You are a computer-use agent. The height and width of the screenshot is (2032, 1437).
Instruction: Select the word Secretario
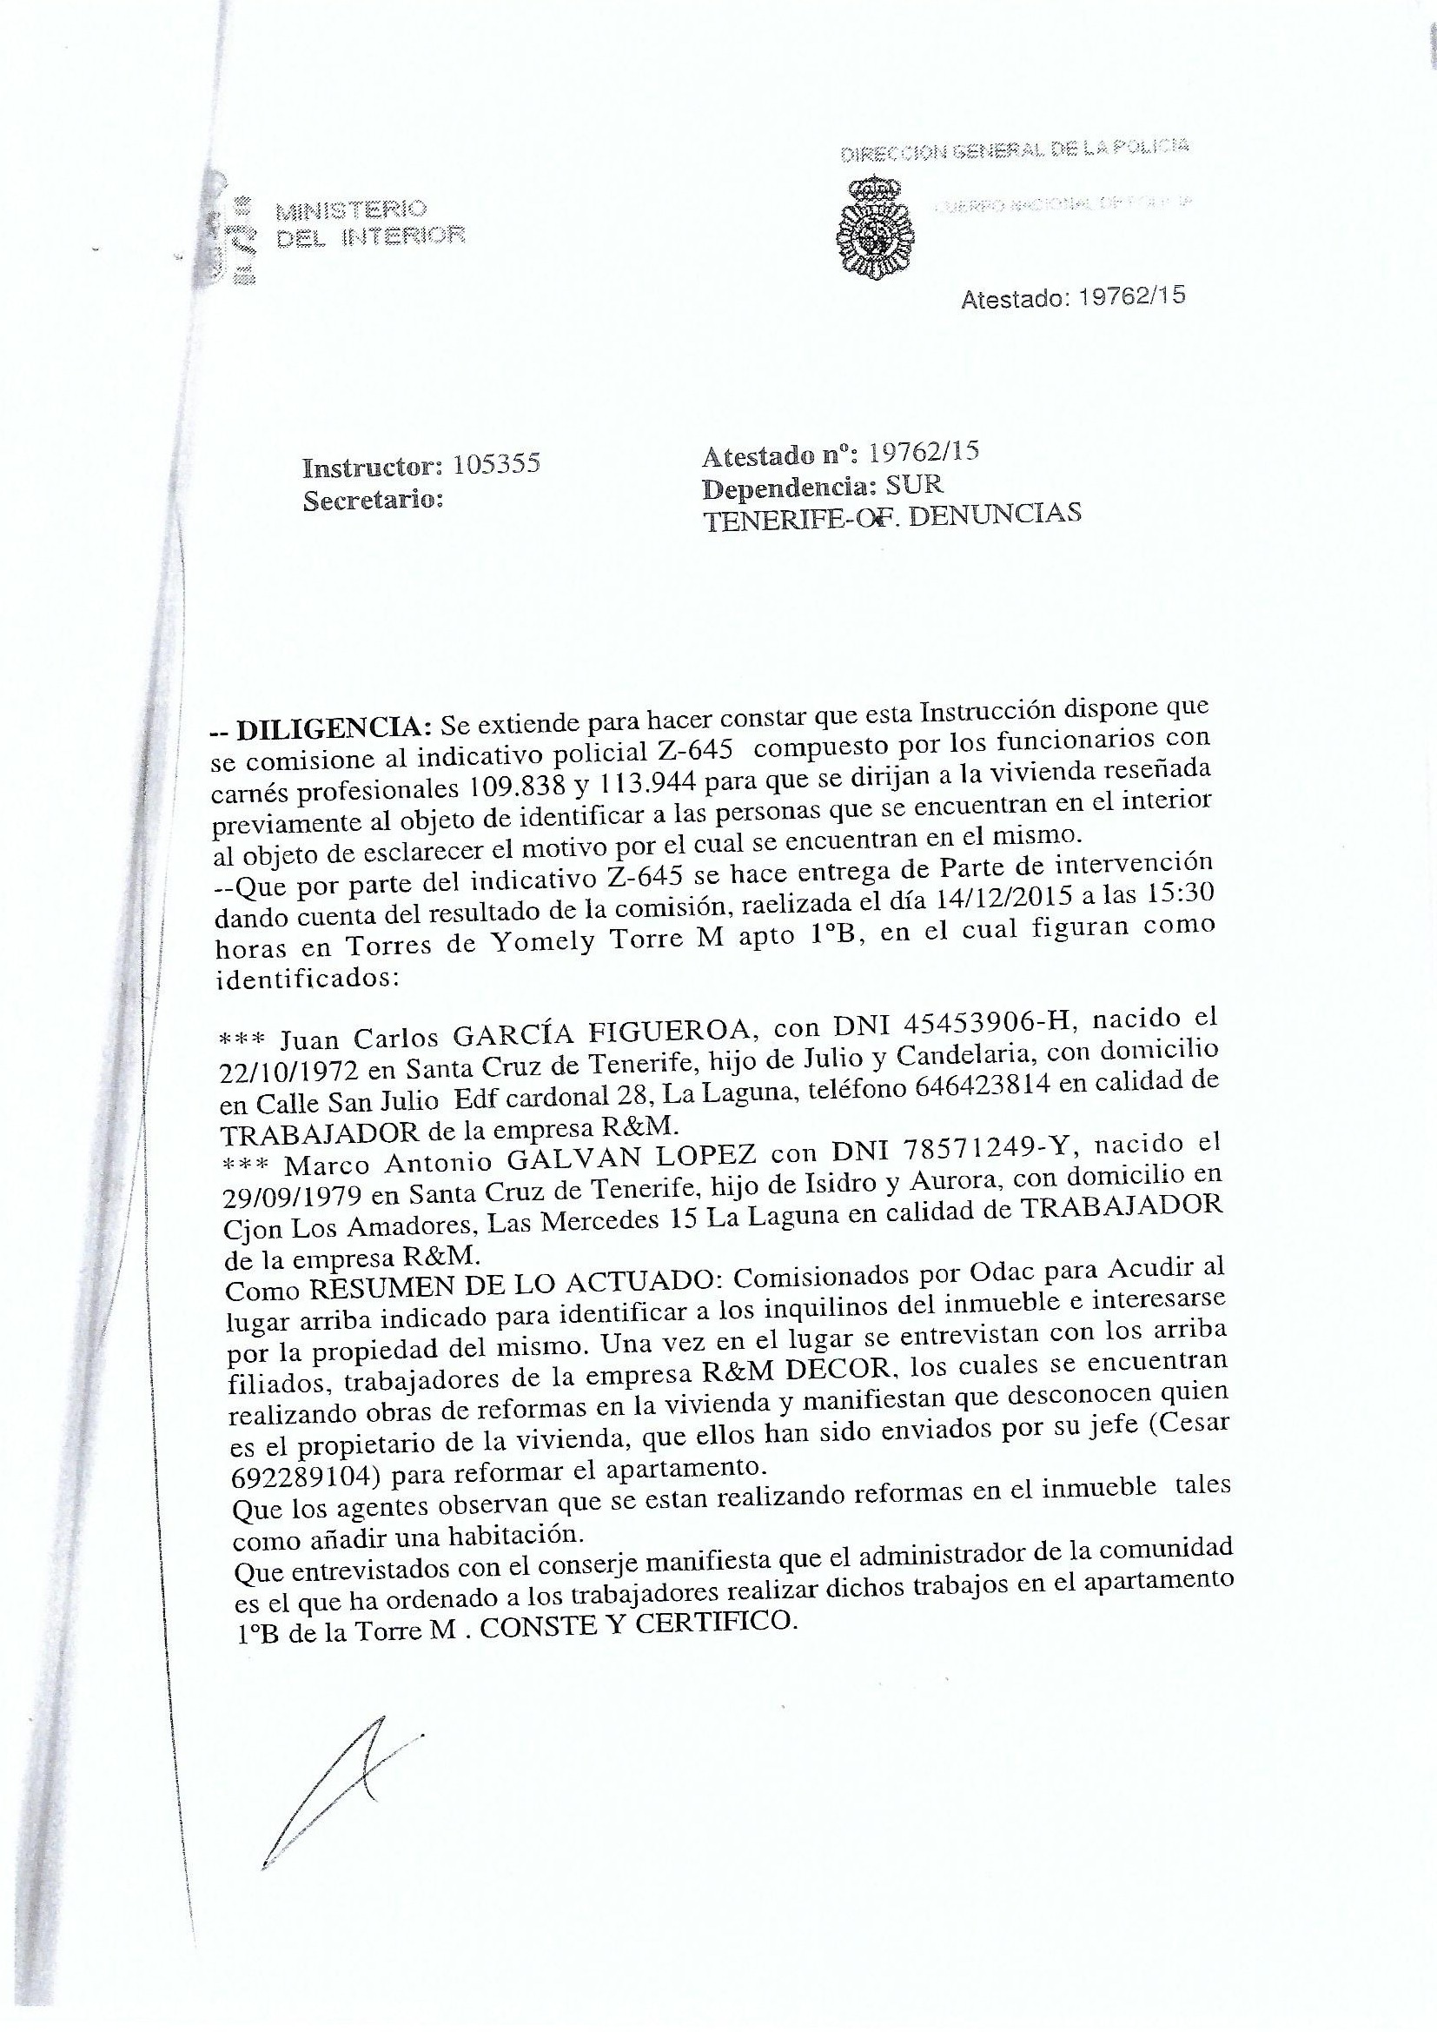[373, 500]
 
